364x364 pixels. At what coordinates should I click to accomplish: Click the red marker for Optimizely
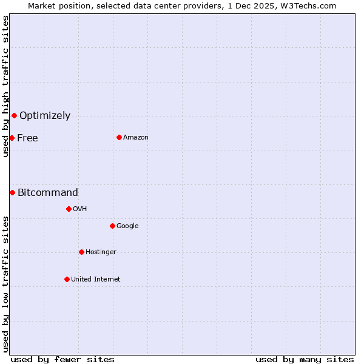click(x=14, y=115)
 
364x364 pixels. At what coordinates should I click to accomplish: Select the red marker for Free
click(x=12, y=138)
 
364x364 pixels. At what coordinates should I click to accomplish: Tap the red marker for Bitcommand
click(x=12, y=192)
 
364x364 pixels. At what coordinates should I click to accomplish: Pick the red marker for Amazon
click(x=119, y=137)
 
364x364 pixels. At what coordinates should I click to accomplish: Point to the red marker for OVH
click(x=69, y=209)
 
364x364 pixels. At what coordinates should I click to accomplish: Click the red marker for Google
click(x=112, y=226)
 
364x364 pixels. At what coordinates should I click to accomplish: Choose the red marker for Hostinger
click(x=81, y=252)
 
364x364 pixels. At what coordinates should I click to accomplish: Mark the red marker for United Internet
click(x=67, y=279)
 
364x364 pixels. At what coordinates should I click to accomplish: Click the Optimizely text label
click(x=45, y=115)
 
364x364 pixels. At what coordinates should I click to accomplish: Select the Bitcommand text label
click(x=48, y=192)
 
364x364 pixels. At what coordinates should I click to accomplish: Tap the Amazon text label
click(x=136, y=137)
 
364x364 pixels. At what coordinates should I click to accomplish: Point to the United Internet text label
click(x=96, y=279)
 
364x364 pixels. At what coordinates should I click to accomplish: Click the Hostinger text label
click(x=101, y=252)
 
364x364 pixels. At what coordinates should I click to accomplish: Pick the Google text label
click(x=127, y=226)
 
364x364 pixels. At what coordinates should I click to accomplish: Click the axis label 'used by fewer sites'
click(x=62, y=359)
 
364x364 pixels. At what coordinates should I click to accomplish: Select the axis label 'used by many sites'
click(x=305, y=359)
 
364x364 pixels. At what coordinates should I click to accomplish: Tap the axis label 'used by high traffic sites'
click(x=5, y=86)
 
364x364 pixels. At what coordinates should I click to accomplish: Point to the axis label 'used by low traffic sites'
click(x=5, y=284)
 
